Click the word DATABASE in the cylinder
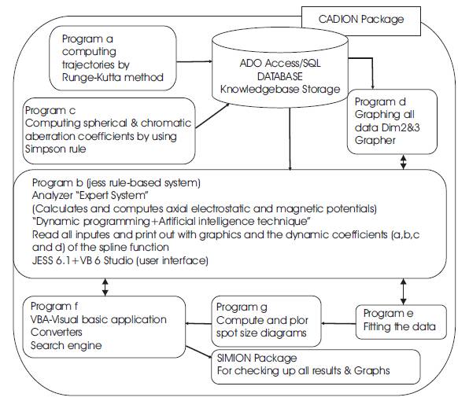280,76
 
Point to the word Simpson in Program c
45,149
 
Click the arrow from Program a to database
194,61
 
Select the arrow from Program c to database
212,116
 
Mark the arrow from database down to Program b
290,139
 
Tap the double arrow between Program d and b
404,162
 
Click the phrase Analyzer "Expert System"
90,195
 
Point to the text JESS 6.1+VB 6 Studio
83,260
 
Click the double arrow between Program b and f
105,287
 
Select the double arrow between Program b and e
404,292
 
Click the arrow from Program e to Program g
338,323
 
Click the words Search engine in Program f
66,345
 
